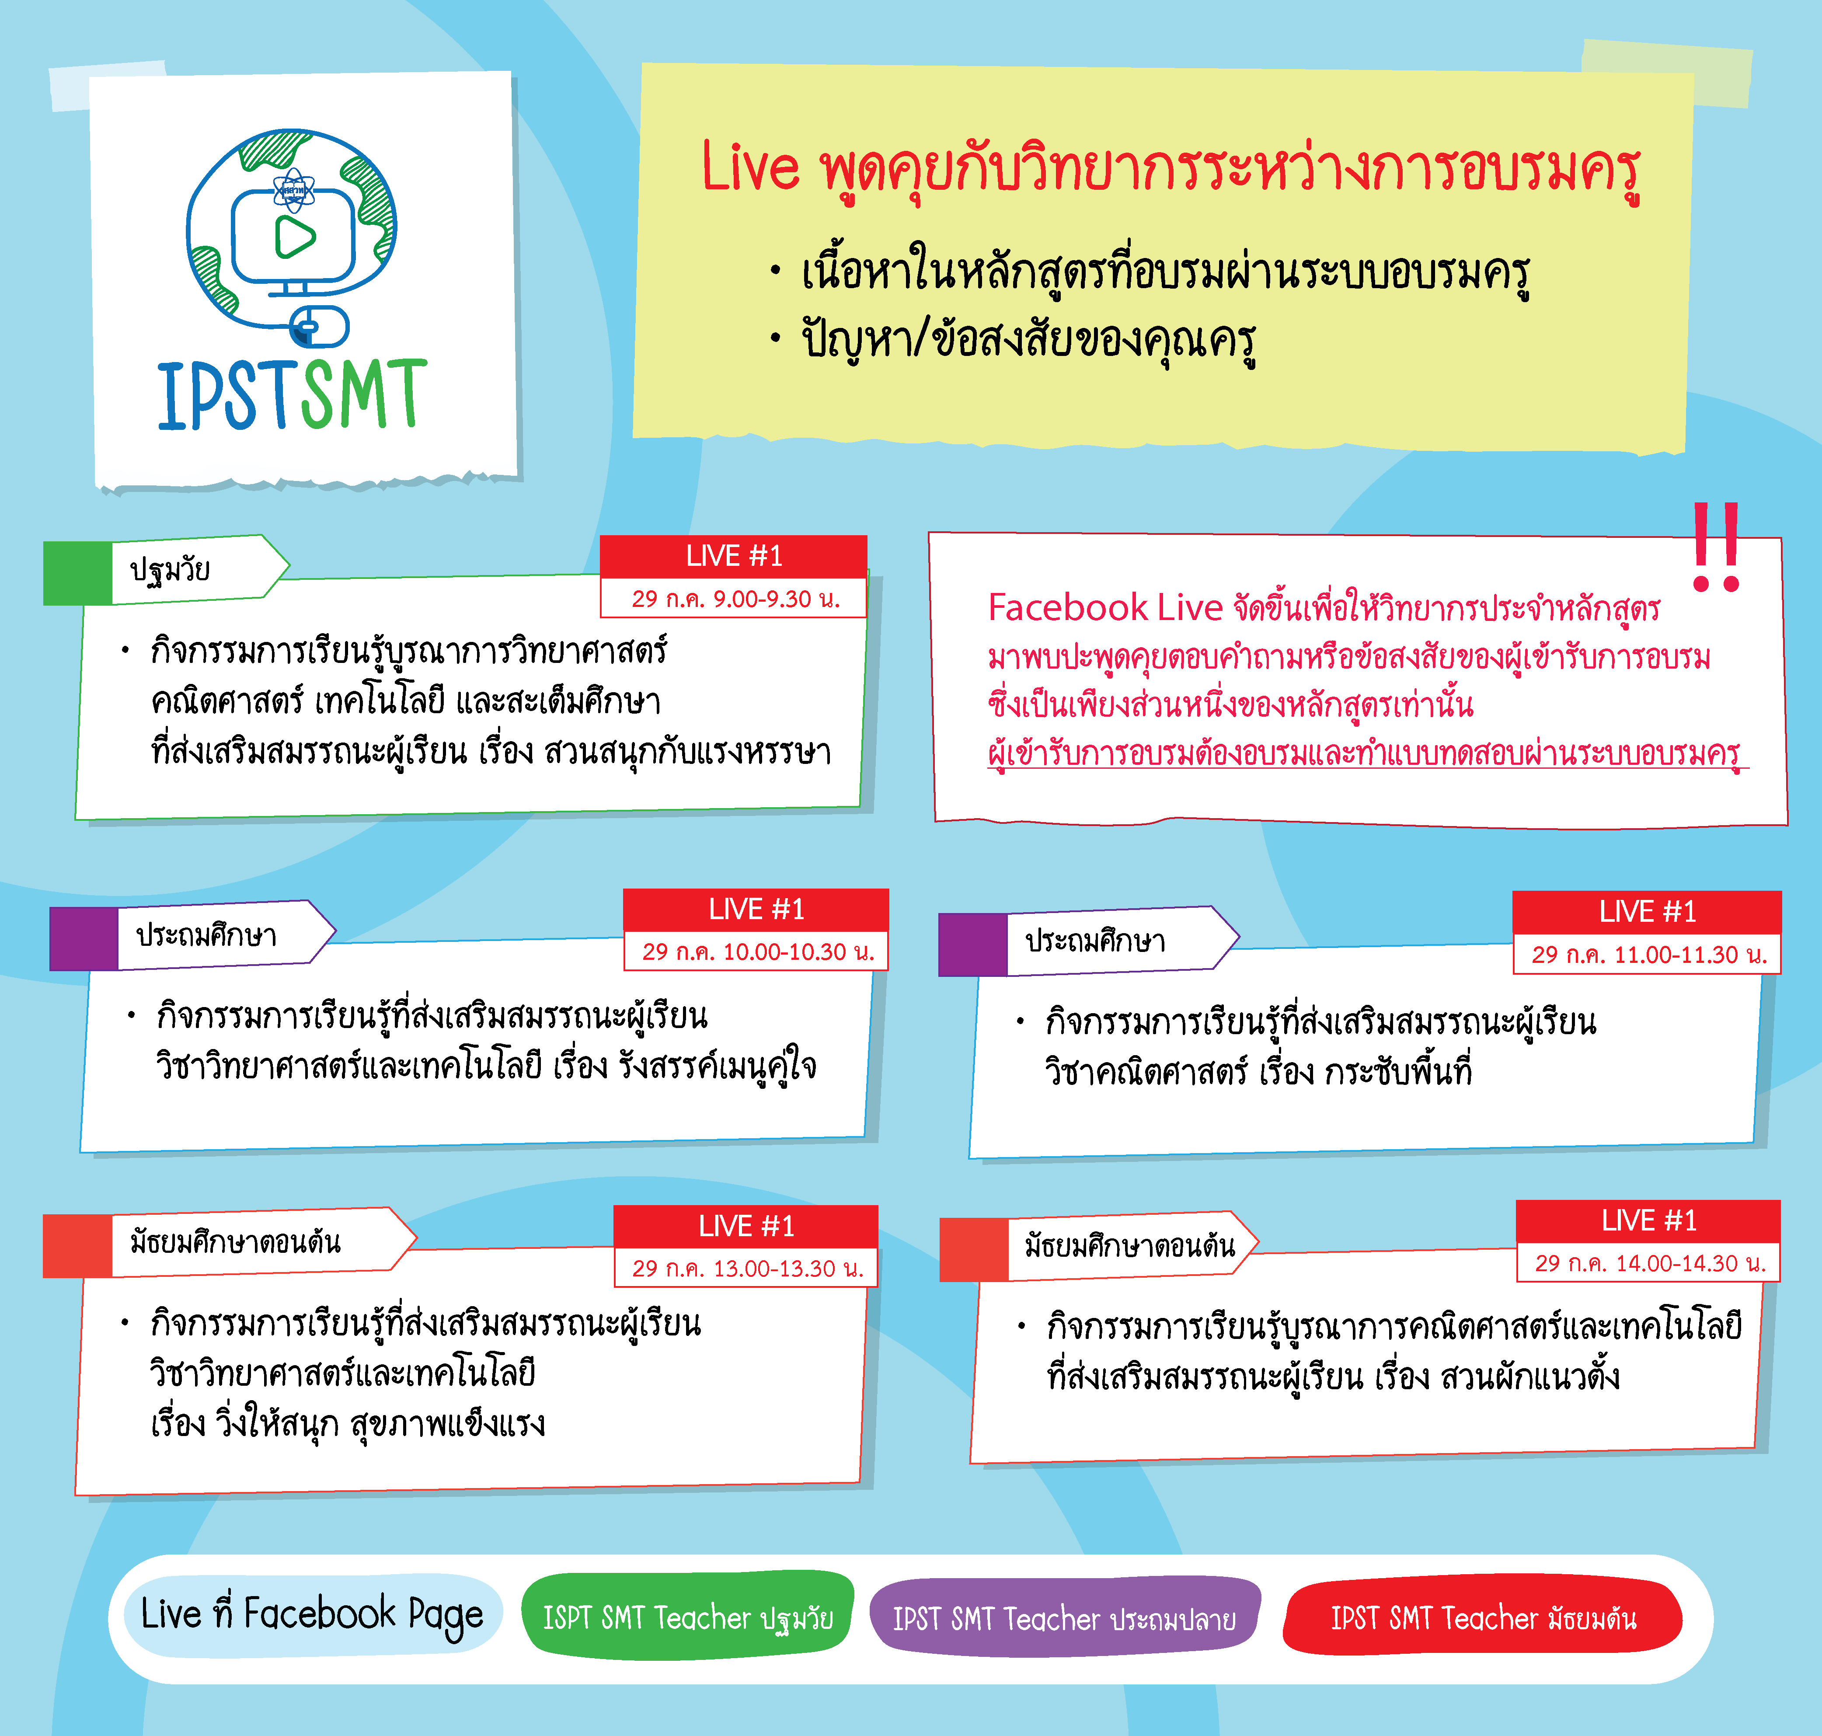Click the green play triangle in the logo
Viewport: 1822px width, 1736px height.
pyautogui.click(x=294, y=237)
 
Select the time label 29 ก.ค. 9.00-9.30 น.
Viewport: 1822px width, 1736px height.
pyautogui.click(x=735, y=599)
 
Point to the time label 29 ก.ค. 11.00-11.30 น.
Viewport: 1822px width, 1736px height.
pyautogui.click(x=1649, y=954)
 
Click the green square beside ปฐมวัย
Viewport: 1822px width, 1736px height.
pyautogui.click(x=78, y=574)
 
